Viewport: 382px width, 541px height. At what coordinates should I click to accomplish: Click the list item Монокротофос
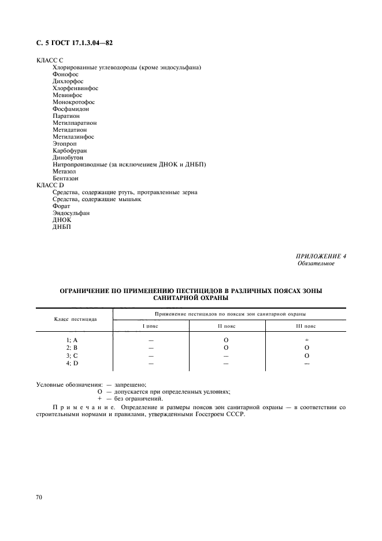[73, 102]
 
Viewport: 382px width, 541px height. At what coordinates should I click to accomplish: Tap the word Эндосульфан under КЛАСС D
[71, 213]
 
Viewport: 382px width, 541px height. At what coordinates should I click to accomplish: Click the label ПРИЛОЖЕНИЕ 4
[321, 256]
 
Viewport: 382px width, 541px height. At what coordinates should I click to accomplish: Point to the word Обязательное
[316, 264]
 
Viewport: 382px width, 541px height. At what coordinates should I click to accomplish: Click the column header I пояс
[151, 326]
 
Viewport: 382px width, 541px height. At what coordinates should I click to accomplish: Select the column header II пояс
[226, 326]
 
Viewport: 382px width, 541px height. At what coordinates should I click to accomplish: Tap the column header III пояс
[306, 326]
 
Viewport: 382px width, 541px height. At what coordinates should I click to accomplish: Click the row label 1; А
[72, 340]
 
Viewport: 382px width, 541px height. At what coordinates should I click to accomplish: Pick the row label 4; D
[72, 363]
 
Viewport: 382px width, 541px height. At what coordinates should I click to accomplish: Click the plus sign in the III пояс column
[307, 340]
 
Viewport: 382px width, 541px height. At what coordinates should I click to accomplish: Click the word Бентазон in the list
[65, 178]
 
